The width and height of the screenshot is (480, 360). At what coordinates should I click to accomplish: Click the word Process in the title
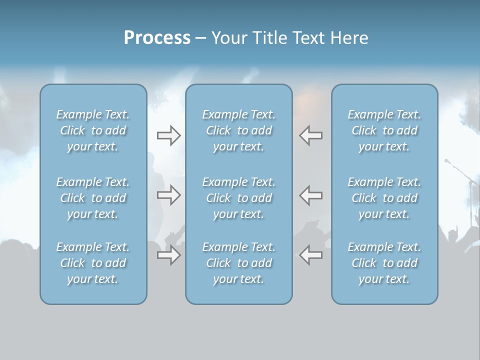click(157, 38)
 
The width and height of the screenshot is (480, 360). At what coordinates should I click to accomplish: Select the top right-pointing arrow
click(168, 135)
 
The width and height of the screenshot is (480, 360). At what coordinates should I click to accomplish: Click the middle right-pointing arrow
click(168, 195)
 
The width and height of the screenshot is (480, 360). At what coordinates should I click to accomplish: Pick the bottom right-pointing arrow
click(168, 255)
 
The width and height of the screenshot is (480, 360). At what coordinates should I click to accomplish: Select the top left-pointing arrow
click(310, 135)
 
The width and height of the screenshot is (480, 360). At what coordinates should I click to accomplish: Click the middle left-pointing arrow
click(310, 195)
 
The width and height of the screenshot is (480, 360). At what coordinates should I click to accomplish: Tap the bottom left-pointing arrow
click(310, 255)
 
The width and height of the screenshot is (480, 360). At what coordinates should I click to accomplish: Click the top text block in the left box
click(93, 130)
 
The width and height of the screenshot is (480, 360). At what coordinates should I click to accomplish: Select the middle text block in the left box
click(93, 198)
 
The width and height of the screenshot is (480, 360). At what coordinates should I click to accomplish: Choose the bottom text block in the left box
click(93, 263)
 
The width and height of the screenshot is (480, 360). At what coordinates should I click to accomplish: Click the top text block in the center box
click(239, 130)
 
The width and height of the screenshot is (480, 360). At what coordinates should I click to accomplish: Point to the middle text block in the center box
click(239, 198)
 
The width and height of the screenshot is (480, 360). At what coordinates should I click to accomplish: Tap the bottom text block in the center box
click(239, 263)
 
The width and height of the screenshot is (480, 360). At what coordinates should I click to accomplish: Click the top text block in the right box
click(384, 130)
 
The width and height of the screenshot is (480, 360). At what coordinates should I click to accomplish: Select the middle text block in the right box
click(384, 198)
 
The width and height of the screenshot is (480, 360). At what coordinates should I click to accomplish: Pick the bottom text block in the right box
click(384, 263)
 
